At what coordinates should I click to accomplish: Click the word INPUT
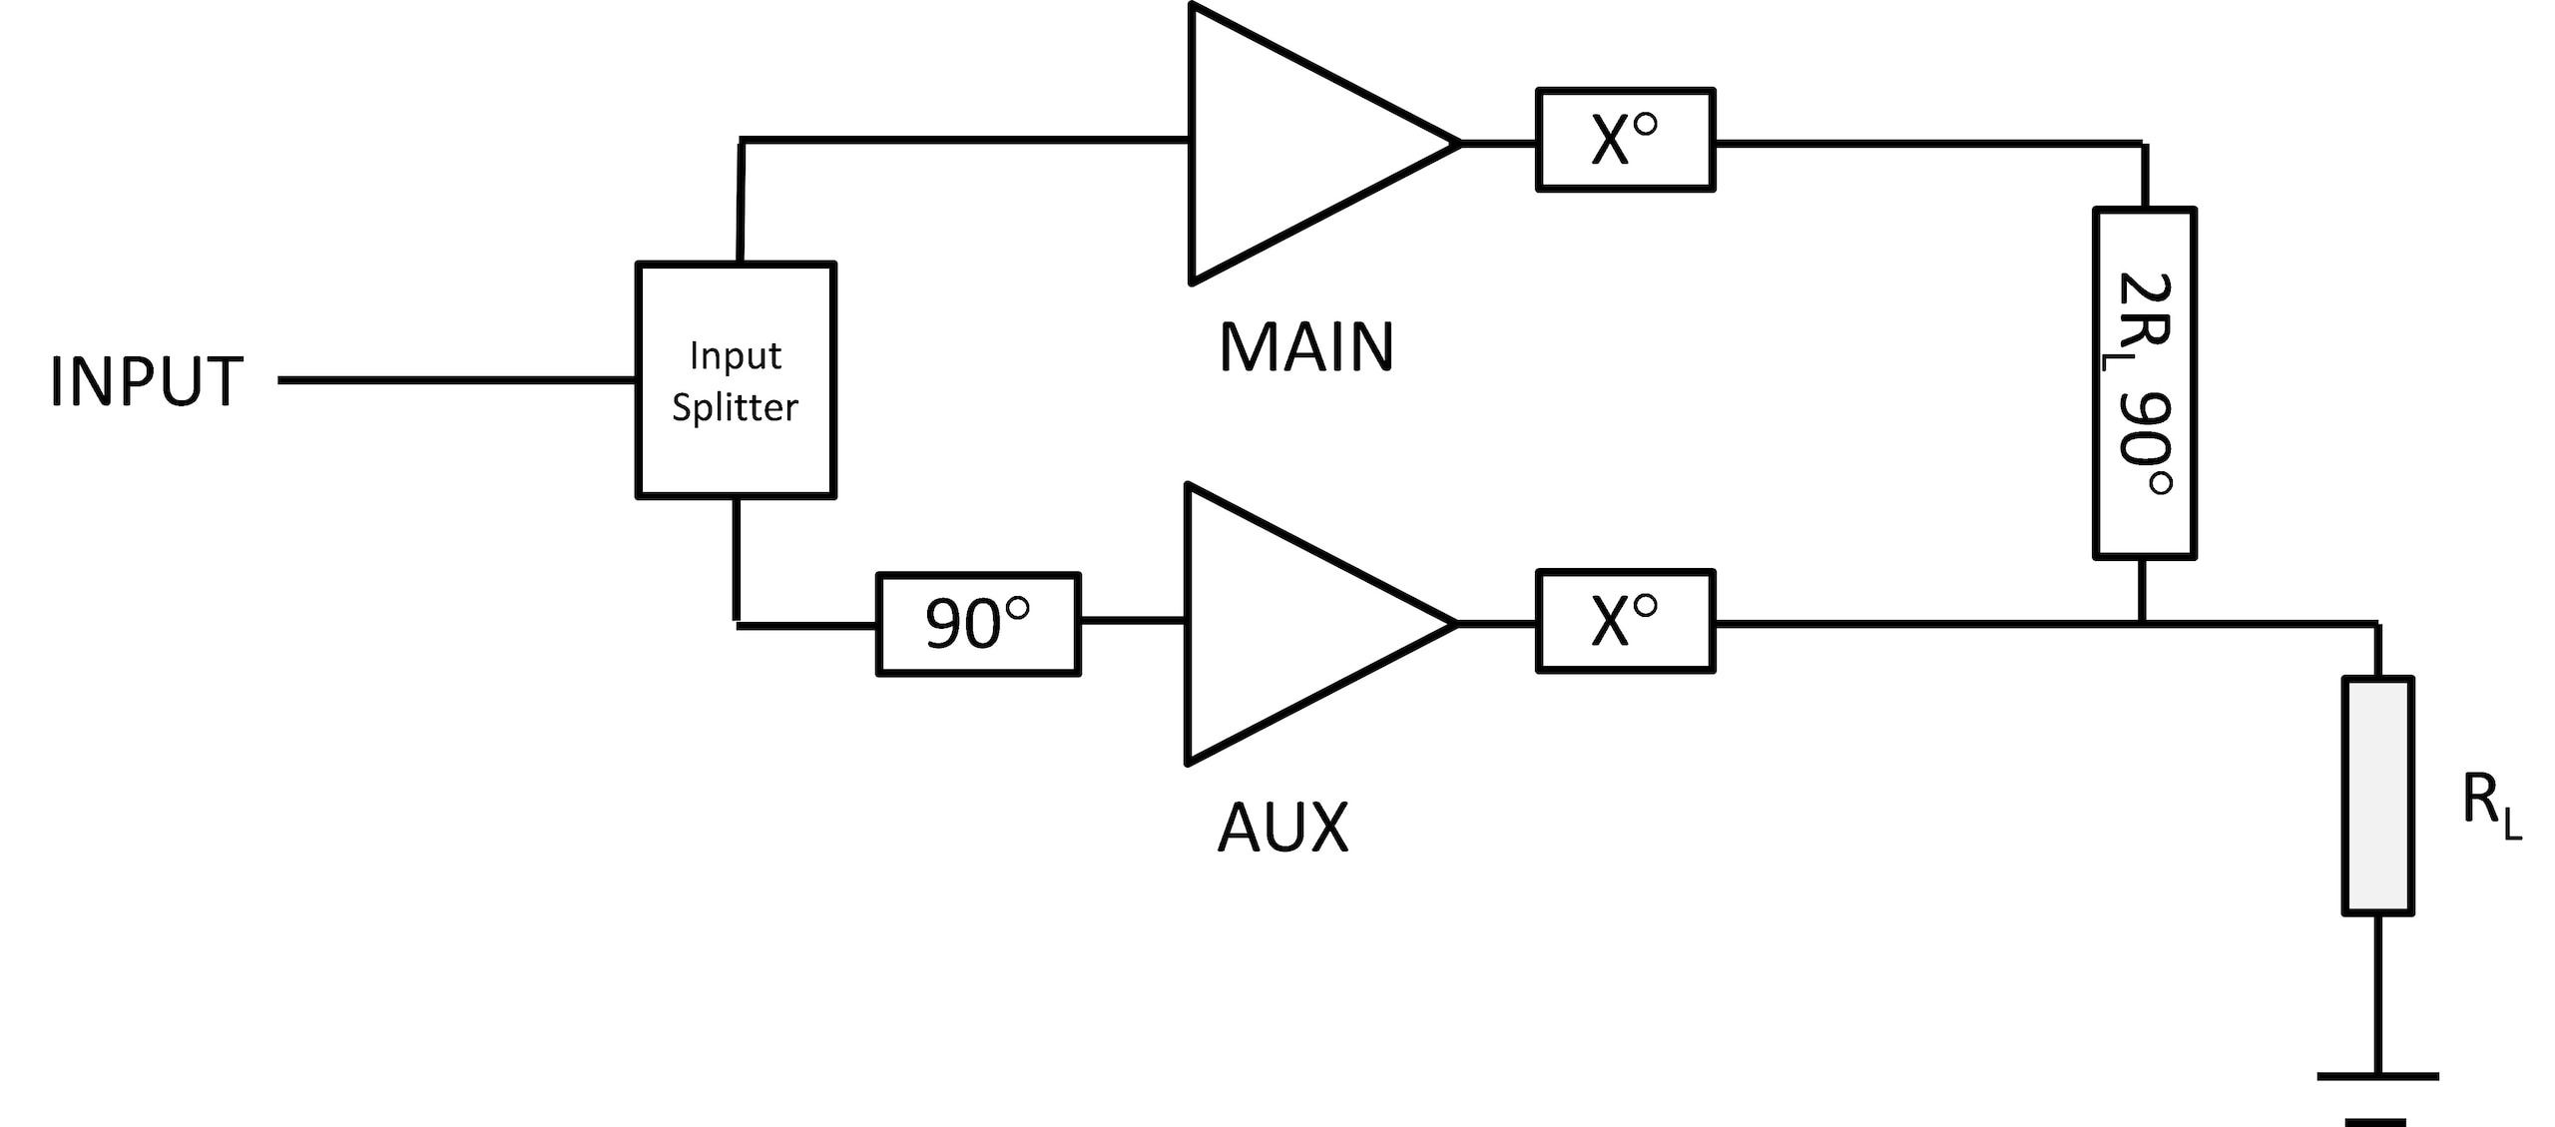pyautogui.click(x=146, y=381)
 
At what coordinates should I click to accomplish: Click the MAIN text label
pyautogui.click(x=1305, y=347)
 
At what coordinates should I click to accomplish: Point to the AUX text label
pyautogui.click(x=1282, y=828)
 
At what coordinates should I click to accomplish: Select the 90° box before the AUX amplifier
pyautogui.click(x=978, y=624)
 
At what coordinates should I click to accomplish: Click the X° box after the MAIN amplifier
pyautogui.click(x=1625, y=140)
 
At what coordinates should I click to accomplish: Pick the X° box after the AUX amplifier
pyautogui.click(x=1625, y=621)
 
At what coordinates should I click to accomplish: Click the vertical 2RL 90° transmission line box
pyautogui.click(x=2144, y=382)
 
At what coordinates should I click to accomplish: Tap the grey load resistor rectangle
pyautogui.click(x=2377, y=796)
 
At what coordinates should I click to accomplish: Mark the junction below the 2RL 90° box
pyautogui.click(x=2142, y=624)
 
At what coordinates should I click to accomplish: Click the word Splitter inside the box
pyautogui.click(x=735, y=407)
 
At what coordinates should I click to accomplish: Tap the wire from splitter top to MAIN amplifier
pyautogui.click(x=958, y=140)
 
